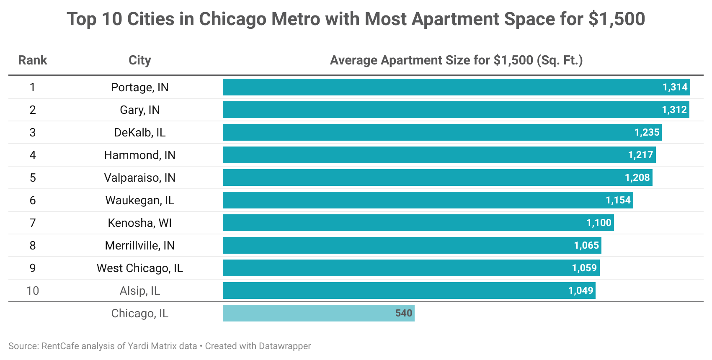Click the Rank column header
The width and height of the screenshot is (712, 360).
(x=33, y=60)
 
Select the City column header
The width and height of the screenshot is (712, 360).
(x=139, y=60)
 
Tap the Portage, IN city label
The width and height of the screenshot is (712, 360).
(x=139, y=87)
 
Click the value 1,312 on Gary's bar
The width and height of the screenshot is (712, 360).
(x=674, y=110)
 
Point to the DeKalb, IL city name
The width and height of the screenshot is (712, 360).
(x=139, y=132)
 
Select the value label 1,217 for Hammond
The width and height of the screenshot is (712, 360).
(x=640, y=155)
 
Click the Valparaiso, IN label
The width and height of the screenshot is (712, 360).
(x=139, y=177)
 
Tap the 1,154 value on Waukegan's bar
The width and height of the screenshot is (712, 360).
(x=618, y=200)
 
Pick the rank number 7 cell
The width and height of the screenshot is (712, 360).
(x=33, y=223)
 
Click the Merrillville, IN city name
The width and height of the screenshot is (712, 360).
(x=139, y=245)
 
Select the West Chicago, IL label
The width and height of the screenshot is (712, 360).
(x=139, y=268)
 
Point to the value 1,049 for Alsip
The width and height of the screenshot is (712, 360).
(x=580, y=291)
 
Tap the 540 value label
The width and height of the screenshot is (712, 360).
(x=404, y=313)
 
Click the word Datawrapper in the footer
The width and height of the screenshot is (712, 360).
(x=285, y=346)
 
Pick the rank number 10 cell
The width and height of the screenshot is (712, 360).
(x=33, y=291)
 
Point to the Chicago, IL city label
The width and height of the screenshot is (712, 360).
(x=139, y=313)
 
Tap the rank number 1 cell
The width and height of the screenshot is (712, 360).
(x=33, y=87)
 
